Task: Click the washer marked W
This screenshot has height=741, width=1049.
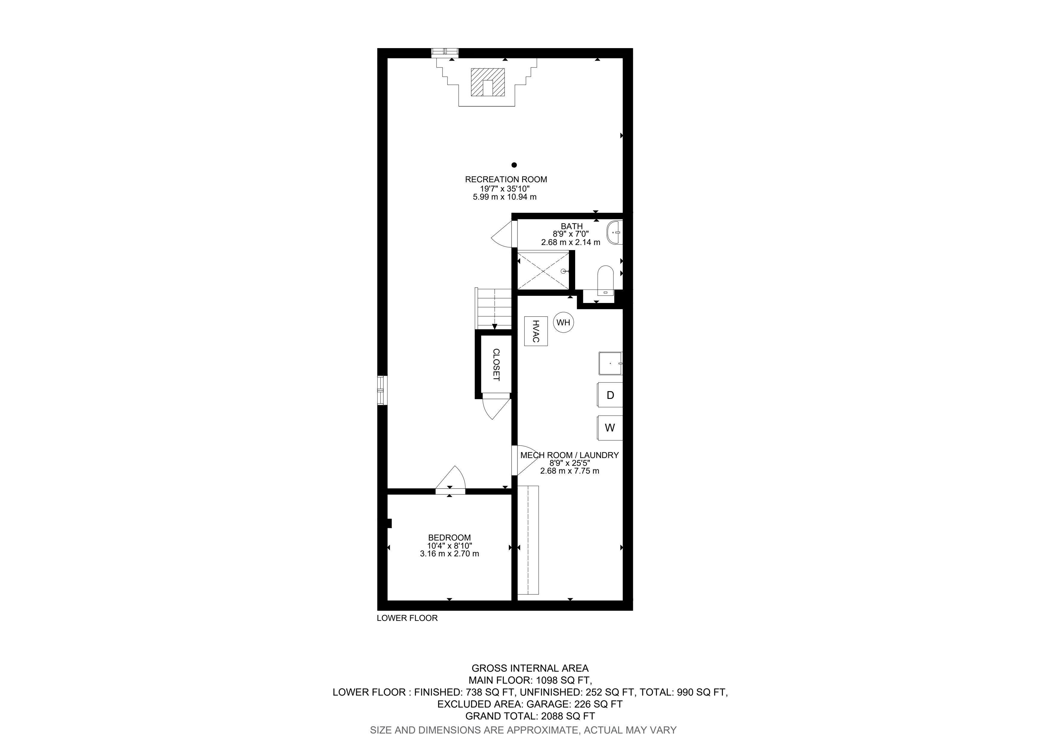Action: (x=610, y=428)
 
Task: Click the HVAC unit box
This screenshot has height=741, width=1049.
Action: (x=535, y=331)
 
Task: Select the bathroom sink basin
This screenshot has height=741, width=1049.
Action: (x=615, y=232)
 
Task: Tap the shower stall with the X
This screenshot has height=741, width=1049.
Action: (x=544, y=270)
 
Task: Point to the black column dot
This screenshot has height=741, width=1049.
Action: (x=514, y=165)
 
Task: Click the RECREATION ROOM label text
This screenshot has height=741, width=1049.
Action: (x=506, y=180)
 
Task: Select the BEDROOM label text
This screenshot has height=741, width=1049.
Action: (x=449, y=538)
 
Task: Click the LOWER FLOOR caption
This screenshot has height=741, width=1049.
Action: (x=407, y=618)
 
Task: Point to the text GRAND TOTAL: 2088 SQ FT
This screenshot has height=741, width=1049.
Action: (x=530, y=716)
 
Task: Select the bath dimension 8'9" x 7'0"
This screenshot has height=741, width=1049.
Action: (x=571, y=234)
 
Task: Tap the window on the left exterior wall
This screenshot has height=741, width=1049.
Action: (x=382, y=390)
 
